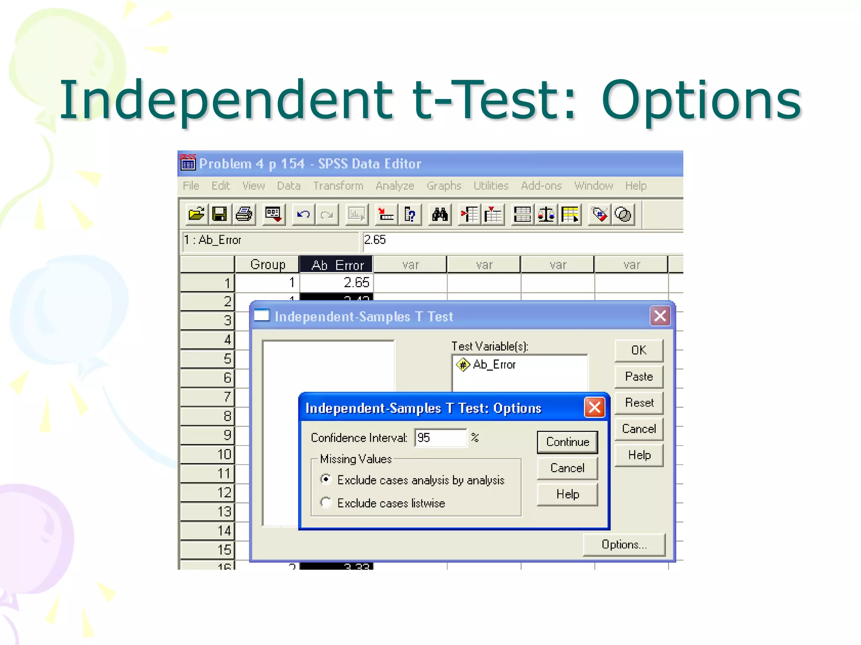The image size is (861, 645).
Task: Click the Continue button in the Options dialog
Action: [567, 442]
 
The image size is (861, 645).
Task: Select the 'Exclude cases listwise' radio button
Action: [326, 503]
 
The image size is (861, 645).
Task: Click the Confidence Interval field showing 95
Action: [440, 438]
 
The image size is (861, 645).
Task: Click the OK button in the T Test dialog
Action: [639, 350]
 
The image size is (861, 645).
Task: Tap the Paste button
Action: [639, 377]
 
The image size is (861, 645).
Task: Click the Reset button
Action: [639, 403]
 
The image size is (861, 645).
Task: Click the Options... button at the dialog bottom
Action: [624, 545]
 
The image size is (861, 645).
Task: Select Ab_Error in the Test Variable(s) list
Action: [494, 364]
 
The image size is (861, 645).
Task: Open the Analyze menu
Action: [395, 186]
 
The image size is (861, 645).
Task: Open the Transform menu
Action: [338, 186]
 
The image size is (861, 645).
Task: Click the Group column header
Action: [267, 265]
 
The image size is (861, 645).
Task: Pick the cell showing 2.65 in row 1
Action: [336, 283]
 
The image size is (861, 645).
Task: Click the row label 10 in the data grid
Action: [207, 454]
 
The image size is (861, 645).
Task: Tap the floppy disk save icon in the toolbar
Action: [219, 215]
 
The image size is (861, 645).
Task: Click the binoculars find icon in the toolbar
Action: [440, 215]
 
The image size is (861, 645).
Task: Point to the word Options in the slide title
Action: [701, 101]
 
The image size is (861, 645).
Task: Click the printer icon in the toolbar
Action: [244, 215]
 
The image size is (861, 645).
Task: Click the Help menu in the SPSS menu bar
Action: [635, 186]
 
